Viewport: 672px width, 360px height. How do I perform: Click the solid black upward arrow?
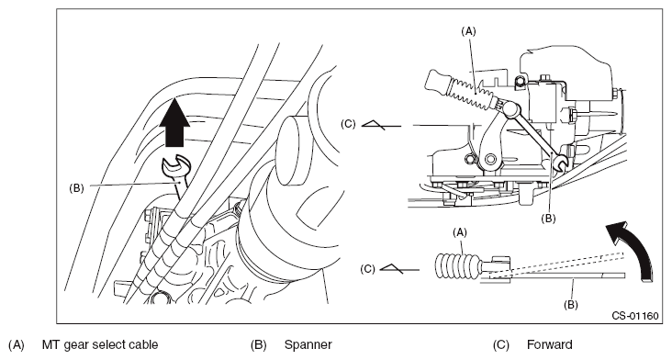[174, 123]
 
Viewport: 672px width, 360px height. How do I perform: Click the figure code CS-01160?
[634, 316]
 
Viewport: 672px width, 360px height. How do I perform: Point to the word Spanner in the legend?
[308, 345]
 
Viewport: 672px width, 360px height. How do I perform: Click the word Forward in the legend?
[549, 345]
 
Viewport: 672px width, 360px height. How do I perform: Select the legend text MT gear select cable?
[100, 345]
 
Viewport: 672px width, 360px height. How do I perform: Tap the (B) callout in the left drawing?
[76, 188]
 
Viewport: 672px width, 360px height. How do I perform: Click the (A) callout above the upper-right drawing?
[468, 31]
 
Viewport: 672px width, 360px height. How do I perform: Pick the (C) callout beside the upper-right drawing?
[348, 124]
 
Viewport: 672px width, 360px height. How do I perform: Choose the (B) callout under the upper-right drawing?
[548, 219]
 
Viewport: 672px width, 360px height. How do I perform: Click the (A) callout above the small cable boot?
[460, 232]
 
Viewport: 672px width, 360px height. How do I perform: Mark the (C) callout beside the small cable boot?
[367, 269]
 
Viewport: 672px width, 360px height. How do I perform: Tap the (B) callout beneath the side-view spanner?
[570, 305]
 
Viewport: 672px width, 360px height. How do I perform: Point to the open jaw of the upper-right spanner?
[560, 163]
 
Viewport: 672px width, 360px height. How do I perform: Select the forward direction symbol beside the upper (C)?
[381, 125]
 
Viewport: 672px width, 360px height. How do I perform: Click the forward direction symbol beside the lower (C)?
[399, 269]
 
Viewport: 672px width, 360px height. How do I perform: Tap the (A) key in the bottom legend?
[17, 345]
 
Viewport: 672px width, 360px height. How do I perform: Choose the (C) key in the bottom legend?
[500, 345]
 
